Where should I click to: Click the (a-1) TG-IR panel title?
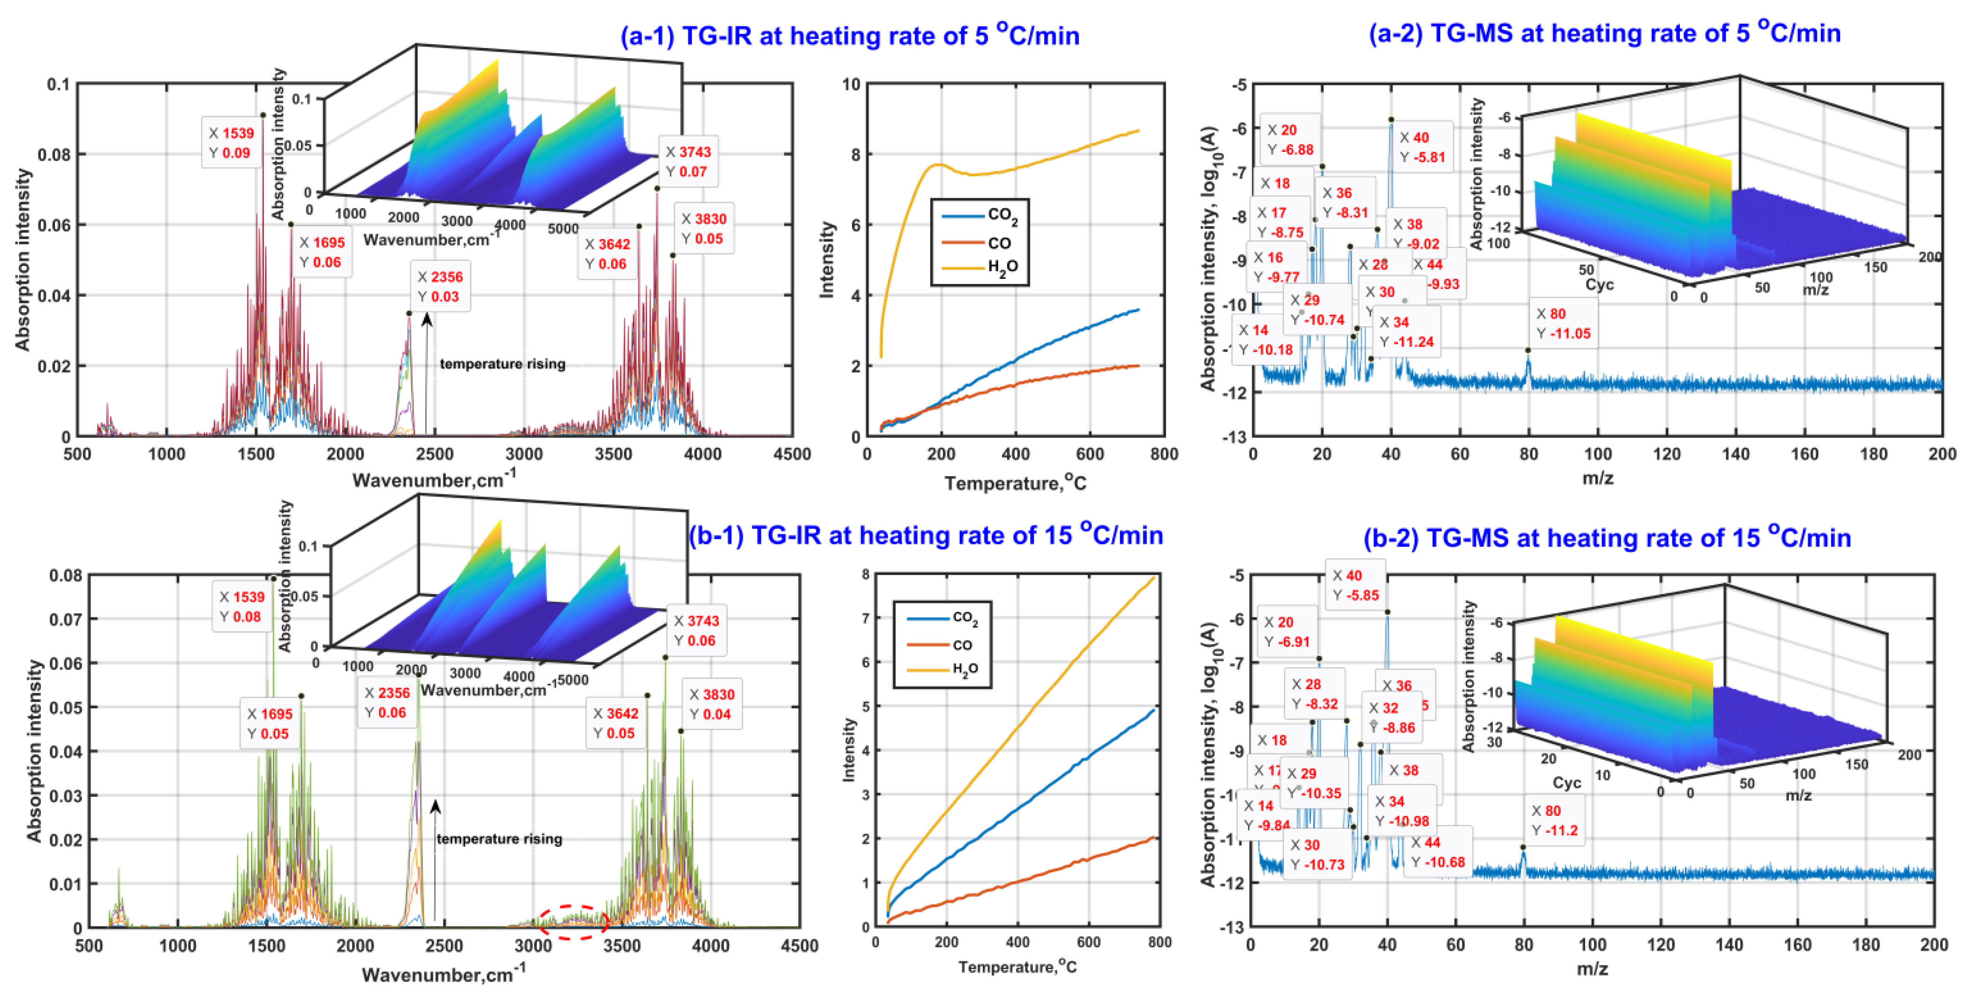point(849,35)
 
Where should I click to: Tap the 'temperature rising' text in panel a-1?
point(502,364)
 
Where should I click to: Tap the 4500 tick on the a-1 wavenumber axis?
point(792,454)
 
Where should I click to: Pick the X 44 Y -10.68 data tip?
point(1437,852)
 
